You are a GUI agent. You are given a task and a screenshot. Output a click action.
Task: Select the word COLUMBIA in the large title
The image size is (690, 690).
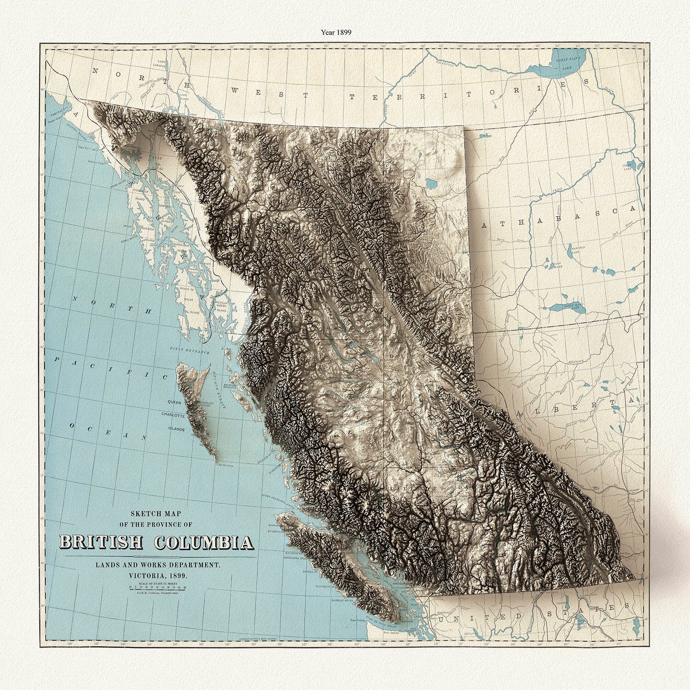pyautogui.click(x=204, y=542)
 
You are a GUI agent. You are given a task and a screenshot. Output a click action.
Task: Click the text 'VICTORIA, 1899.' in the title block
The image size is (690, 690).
pyautogui.click(x=157, y=575)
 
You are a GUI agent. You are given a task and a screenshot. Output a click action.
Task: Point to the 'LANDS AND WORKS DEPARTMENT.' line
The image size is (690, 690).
pyautogui.click(x=157, y=565)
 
